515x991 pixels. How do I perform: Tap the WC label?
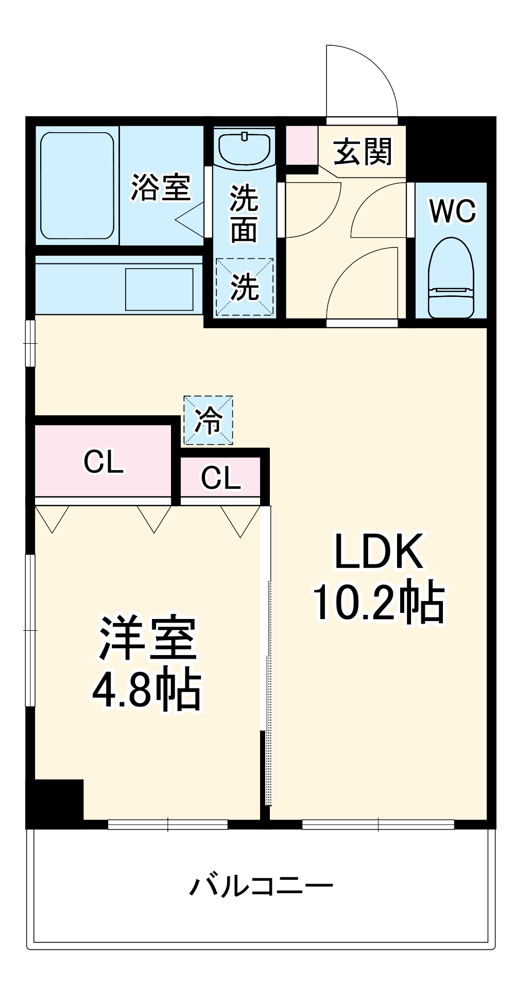click(453, 211)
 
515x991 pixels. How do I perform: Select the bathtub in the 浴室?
click(77, 186)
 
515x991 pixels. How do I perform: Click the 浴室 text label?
click(161, 188)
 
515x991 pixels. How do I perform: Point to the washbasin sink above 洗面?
click(245, 147)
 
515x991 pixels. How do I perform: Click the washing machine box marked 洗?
click(245, 287)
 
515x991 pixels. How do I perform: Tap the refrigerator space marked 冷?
click(209, 420)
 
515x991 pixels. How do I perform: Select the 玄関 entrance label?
click(363, 152)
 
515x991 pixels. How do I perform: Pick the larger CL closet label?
click(103, 462)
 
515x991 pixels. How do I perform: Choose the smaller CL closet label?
click(220, 478)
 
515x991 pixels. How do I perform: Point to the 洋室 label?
click(148, 639)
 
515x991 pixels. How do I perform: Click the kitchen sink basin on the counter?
click(159, 289)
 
